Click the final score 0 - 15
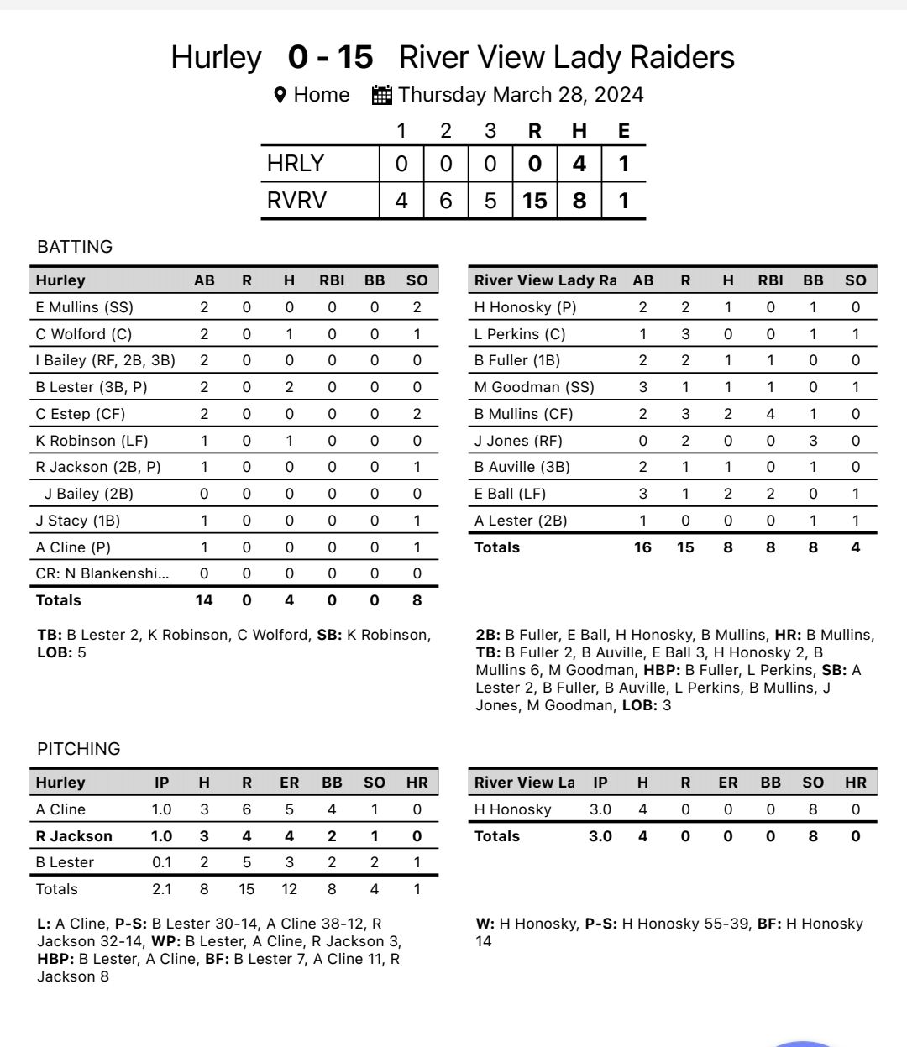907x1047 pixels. tap(330, 58)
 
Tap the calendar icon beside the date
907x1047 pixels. tap(382, 95)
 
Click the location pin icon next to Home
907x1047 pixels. tap(280, 96)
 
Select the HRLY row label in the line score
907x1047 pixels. tap(296, 164)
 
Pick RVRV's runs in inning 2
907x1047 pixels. tap(446, 201)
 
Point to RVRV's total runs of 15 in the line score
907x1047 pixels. tap(534, 201)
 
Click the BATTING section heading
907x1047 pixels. tap(75, 247)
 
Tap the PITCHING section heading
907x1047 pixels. tap(79, 749)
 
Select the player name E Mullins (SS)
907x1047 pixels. tap(84, 307)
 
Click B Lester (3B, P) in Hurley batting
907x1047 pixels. tap(88, 387)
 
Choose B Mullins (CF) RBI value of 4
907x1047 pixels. tap(770, 414)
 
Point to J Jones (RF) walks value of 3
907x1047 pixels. tap(813, 441)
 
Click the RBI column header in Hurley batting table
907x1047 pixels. tap(332, 280)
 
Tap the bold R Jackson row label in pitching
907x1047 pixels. tap(74, 836)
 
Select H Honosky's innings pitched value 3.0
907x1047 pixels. tap(600, 809)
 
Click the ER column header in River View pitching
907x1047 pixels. tap(727, 783)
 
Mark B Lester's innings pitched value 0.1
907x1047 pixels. tap(161, 862)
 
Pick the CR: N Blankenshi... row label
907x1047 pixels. tap(102, 573)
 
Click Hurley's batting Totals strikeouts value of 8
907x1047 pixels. tap(417, 600)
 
